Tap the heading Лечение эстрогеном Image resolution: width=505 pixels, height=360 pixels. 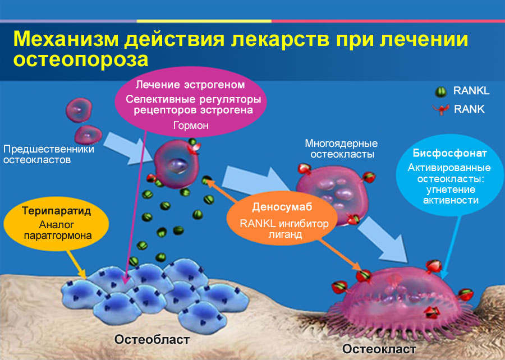[x=191, y=85]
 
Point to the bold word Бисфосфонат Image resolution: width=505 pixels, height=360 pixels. [x=449, y=153]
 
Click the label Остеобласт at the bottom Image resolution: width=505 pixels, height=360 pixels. [x=152, y=339]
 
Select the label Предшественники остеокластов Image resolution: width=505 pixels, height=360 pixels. [x=48, y=154]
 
